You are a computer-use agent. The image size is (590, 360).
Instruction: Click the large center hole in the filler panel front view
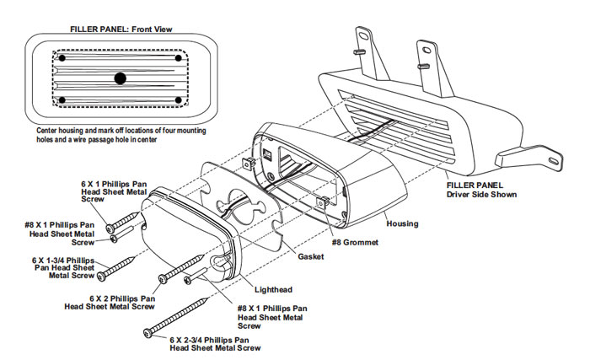click(121, 78)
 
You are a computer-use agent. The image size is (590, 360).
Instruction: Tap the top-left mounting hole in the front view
click(62, 58)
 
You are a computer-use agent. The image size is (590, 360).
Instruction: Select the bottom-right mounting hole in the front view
click(178, 101)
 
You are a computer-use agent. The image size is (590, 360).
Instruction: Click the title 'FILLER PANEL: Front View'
click(121, 29)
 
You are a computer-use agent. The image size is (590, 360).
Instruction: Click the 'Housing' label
click(402, 223)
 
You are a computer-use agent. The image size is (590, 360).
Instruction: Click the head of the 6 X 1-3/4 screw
click(101, 276)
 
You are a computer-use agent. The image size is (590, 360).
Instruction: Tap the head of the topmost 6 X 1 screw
click(111, 228)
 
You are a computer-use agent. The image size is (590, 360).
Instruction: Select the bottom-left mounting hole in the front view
click(62, 101)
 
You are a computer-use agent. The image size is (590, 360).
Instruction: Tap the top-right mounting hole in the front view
click(178, 58)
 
